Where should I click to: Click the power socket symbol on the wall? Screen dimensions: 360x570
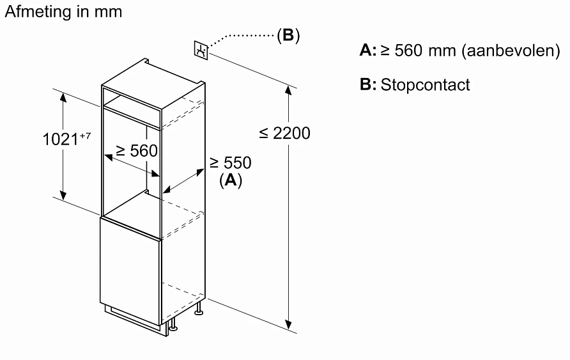pyautogui.click(x=201, y=50)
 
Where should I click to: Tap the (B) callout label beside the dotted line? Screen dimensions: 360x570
pyautogui.click(x=288, y=35)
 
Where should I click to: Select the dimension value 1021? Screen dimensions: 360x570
pyautogui.click(x=61, y=139)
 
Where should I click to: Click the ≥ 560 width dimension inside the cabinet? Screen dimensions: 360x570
pyautogui.click(x=136, y=151)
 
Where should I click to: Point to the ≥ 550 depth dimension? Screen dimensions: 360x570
pyautogui.click(x=230, y=163)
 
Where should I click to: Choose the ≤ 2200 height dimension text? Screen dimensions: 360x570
pyautogui.click(x=284, y=133)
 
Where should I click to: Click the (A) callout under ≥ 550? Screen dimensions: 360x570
pyautogui.click(x=231, y=181)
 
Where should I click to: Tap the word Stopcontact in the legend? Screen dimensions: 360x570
pyautogui.click(x=425, y=85)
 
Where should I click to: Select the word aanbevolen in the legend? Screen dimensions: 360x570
pyautogui.click(x=510, y=51)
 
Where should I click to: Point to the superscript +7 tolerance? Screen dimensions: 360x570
pyautogui.click(x=86, y=134)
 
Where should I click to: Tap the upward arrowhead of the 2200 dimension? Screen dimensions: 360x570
pyautogui.click(x=289, y=90)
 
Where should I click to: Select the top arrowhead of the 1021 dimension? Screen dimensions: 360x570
pyautogui.click(x=63, y=97)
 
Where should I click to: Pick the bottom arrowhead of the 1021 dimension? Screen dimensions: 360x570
pyautogui.click(x=63, y=194)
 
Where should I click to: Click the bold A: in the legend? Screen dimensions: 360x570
pyautogui.click(x=368, y=51)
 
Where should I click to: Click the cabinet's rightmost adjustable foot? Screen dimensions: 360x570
pyautogui.click(x=199, y=311)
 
